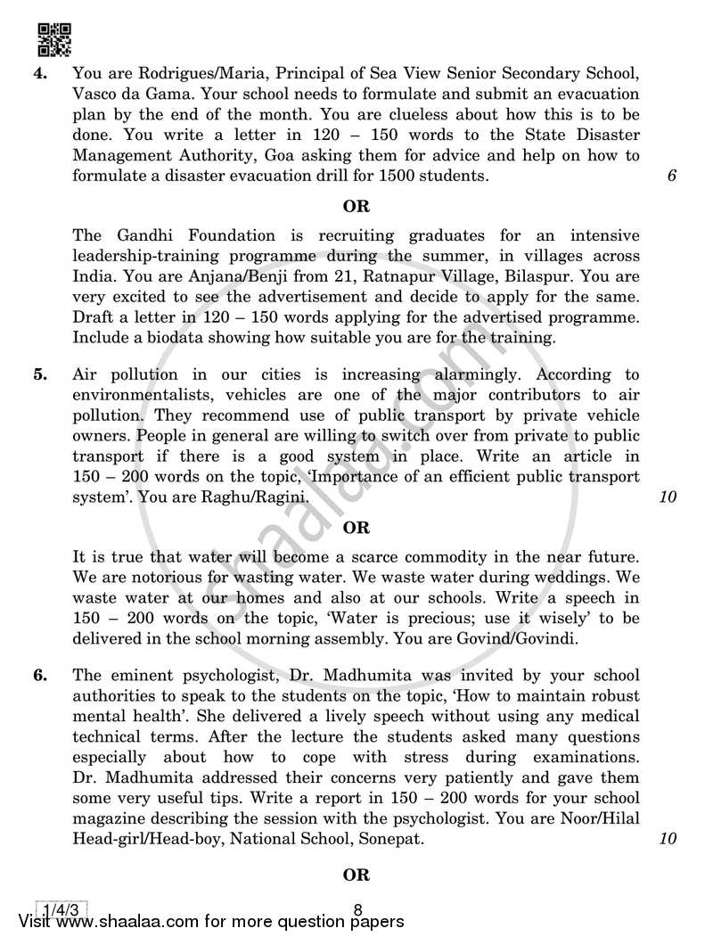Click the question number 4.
[x=39, y=74]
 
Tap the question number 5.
[x=39, y=375]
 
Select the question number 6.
[x=39, y=675]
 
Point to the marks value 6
[x=671, y=176]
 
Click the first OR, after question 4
[x=356, y=206]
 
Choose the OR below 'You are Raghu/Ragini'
[x=356, y=528]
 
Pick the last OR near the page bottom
[x=356, y=875]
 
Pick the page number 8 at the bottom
[x=356, y=910]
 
